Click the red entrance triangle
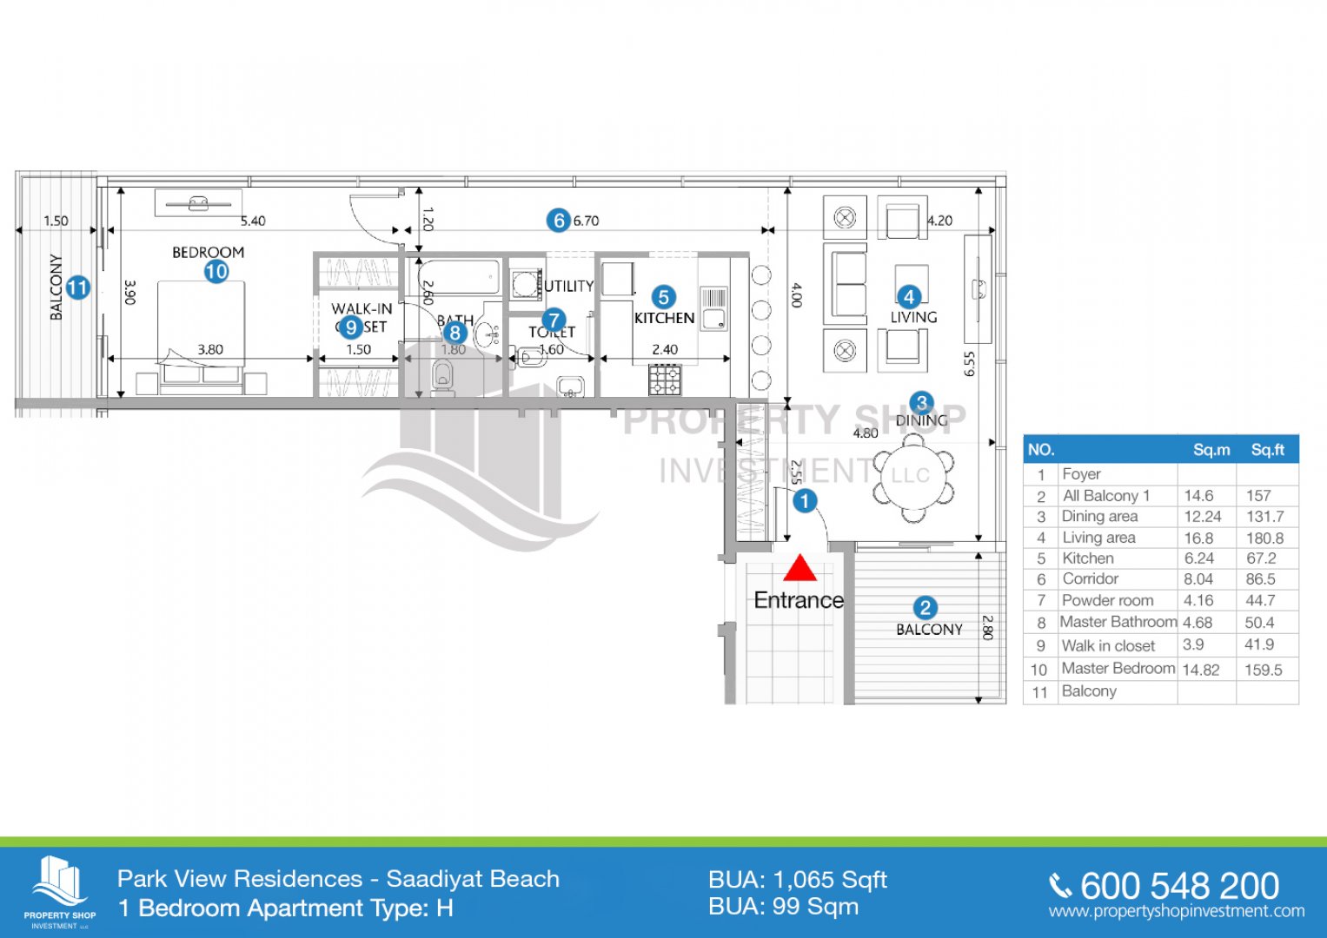click(800, 569)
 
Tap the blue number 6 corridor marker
click(559, 221)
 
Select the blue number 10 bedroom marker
click(216, 272)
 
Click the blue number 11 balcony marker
click(77, 287)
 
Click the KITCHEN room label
click(664, 319)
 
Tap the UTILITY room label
click(569, 286)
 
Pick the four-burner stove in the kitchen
click(665, 380)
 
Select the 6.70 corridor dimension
click(587, 221)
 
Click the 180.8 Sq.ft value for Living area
click(1264, 538)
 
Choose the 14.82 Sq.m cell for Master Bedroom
click(1201, 670)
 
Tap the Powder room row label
click(1107, 600)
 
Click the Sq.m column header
click(1211, 449)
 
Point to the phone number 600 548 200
click(1179, 886)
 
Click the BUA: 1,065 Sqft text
click(797, 880)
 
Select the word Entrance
click(799, 600)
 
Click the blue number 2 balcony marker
click(925, 608)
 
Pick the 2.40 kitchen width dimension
click(665, 349)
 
